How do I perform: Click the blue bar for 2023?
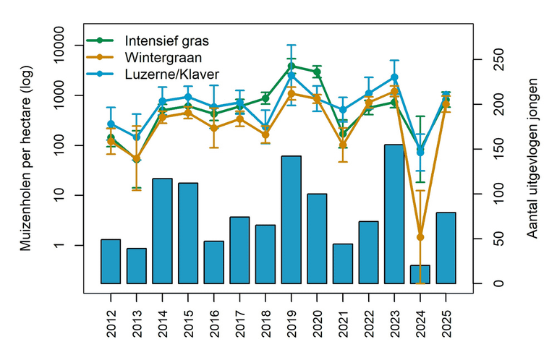click(394, 214)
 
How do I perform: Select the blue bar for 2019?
click(291, 219)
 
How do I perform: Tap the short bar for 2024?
click(420, 274)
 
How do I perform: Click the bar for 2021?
click(343, 263)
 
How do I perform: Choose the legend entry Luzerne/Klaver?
click(171, 74)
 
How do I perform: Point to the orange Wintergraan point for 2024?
click(420, 237)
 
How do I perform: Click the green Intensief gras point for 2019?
click(291, 66)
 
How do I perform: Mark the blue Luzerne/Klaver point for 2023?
click(394, 77)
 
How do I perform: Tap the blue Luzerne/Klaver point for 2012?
click(111, 124)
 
